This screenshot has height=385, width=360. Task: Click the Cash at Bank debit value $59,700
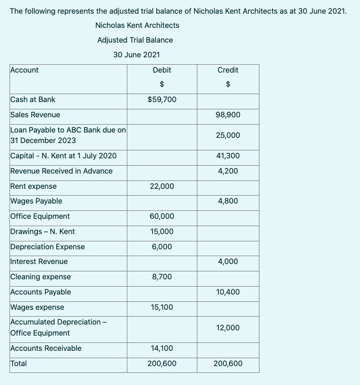pyautogui.click(x=162, y=99)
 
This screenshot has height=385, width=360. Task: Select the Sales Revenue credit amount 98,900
pyautogui.click(x=227, y=115)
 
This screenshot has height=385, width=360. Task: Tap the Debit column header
pyautogui.click(x=162, y=70)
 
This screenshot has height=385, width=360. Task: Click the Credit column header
pyautogui.click(x=227, y=70)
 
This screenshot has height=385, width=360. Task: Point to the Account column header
pyautogui.click(x=24, y=70)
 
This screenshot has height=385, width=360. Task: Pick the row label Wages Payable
pyautogui.click(x=36, y=201)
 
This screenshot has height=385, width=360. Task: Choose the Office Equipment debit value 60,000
pyautogui.click(x=162, y=216)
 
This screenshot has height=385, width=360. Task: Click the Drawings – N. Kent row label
pyautogui.click(x=43, y=231)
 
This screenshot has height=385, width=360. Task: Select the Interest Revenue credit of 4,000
pyautogui.click(x=227, y=261)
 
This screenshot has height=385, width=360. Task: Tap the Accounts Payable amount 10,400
pyautogui.click(x=227, y=292)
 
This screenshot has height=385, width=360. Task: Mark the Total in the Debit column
pyautogui.click(x=162, y=363)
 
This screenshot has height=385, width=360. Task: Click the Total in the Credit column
pyautogui.click(x=227, y=363)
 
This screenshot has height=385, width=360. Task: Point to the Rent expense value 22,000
pyautogui.click(x=162, y=186)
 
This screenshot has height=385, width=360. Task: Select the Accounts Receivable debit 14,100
pyautogui.click(x=162, y=348)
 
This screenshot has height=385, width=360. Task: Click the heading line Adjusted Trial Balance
pyautogui.click(x=135, y=40)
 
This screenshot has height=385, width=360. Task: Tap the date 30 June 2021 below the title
pyautogui.click(x=136, y=55)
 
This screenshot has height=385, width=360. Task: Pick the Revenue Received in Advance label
pyautogui.click(x=62, y=171)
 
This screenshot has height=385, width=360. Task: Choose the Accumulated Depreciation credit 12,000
pyautogui.click(x=227, y=328)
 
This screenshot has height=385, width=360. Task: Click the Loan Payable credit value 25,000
pyautogui.click(x=227, y=135)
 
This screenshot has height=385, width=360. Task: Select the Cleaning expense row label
pyautogui.click(x=41, y=277)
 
